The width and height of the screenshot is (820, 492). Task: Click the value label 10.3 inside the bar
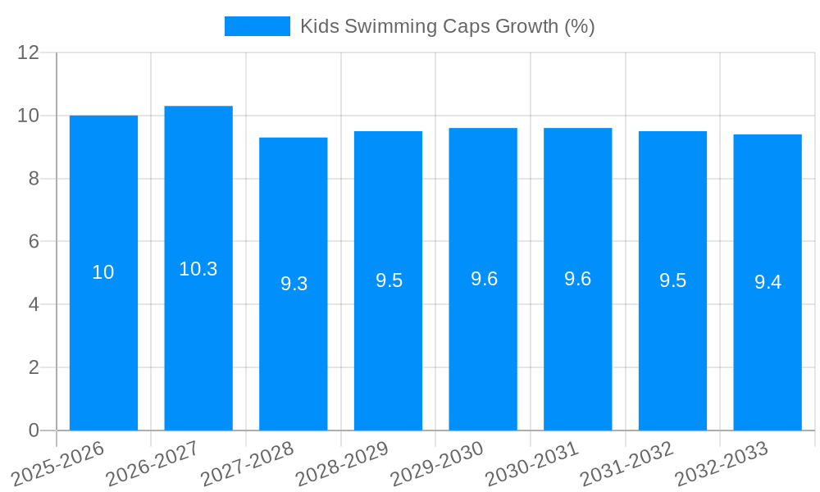click(198, 269)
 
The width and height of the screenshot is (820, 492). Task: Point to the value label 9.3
click(294, 284)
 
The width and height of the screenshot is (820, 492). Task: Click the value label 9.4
click(768, 283)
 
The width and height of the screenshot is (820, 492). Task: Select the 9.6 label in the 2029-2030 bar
click(484, 279)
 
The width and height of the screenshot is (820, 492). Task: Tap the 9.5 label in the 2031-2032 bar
click(672, 280)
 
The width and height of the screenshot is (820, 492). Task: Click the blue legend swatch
click(257, 26)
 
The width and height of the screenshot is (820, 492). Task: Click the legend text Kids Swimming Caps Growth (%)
click(447, 26)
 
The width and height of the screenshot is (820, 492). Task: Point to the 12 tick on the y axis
click(29, 52)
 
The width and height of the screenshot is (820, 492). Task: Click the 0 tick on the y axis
click(34, 430)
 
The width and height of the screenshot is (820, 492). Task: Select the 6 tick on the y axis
click(34, 242)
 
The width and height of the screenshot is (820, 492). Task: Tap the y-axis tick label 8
click(34, 179)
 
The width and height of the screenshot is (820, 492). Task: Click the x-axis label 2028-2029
click(342, 464)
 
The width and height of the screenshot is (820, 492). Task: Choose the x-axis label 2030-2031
click(532, 464)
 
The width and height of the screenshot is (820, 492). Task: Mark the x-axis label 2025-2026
click(58, 464)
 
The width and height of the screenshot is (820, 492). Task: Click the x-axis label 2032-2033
click(722, 464)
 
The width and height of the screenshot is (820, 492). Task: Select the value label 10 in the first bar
click(103, 273)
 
